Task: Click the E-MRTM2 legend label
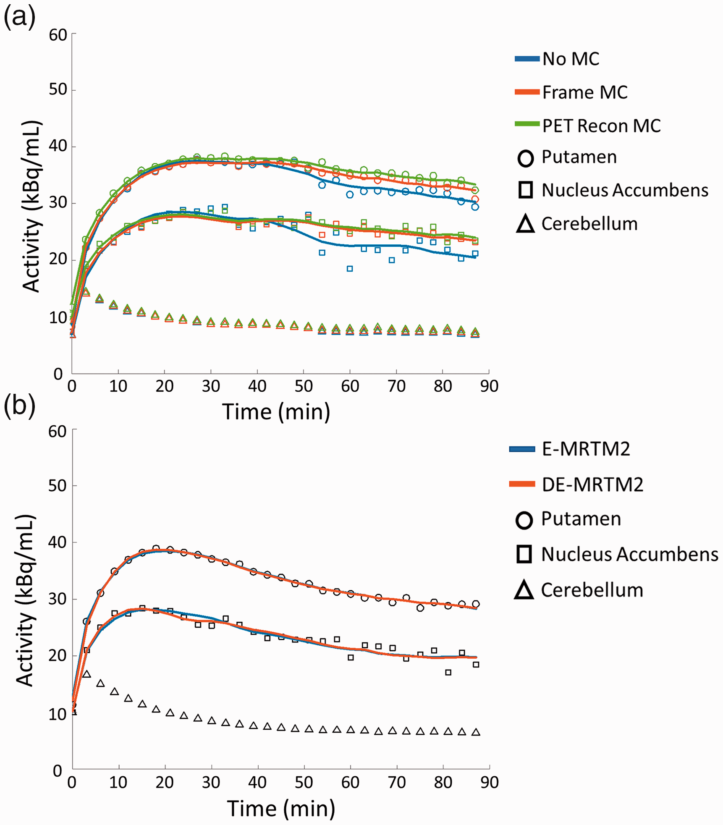586,449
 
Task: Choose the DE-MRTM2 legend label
592,485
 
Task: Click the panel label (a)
19,18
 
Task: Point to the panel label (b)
19,406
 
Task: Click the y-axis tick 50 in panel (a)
58,90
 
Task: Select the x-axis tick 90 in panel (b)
490,783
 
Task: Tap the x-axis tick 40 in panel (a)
257,386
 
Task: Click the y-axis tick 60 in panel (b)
58,432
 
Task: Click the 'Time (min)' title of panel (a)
276,412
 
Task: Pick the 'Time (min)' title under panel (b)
281,809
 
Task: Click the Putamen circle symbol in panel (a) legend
525,158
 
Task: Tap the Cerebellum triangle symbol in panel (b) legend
524,589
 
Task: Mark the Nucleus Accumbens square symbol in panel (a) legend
525,190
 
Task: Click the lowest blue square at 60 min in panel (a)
350,269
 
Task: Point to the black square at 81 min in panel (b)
448,673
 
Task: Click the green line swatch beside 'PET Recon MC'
527,124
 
